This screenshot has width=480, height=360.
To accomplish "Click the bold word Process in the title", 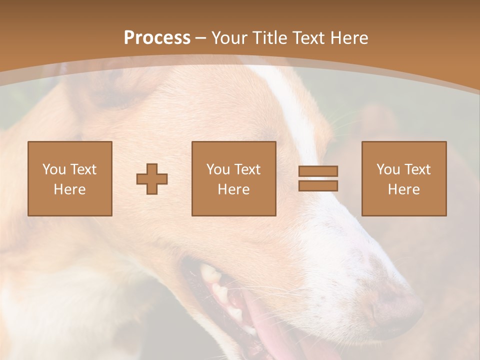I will (157, 38).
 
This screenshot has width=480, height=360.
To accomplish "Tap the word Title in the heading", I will (271, 38).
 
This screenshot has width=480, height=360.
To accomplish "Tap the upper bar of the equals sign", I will (318, 171).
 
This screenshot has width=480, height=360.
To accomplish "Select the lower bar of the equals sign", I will (318, 186).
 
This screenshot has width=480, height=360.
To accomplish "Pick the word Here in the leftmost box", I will (69, 189).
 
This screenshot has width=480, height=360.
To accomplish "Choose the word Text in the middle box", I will (247, 169).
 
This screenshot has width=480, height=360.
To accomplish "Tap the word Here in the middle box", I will (233, 189).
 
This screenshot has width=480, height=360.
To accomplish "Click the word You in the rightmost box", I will (388, 169).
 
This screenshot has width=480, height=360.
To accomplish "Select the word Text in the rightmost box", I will (417, 169).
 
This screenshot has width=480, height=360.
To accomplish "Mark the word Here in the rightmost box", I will (403, 189).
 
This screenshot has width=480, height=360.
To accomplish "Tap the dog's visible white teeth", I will (220, 290).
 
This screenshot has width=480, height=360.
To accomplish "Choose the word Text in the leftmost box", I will (83, 169).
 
